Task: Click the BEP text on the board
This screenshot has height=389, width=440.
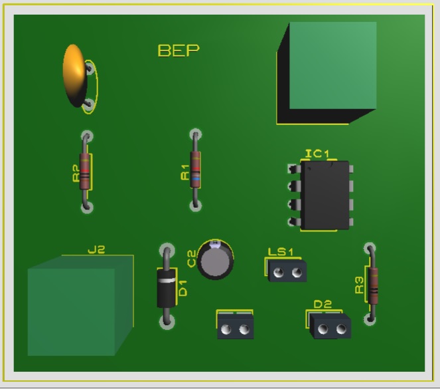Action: (178, 51)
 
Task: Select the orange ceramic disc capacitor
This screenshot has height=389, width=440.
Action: (74, 75)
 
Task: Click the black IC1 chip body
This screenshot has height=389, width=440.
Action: (324, 195)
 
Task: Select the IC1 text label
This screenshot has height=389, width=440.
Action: (317, 154)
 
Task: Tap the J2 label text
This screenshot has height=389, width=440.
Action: (97, 250)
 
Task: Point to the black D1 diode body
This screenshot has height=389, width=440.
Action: (167, 287)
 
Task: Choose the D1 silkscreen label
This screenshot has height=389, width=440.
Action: (183, 287)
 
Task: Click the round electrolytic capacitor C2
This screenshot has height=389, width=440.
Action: (216, 260)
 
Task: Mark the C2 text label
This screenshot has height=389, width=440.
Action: (192, 258)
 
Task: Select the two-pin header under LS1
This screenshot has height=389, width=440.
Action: (287, 271)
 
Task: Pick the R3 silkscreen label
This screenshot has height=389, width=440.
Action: (360, 285)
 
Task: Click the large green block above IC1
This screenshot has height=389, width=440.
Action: (332, 66)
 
